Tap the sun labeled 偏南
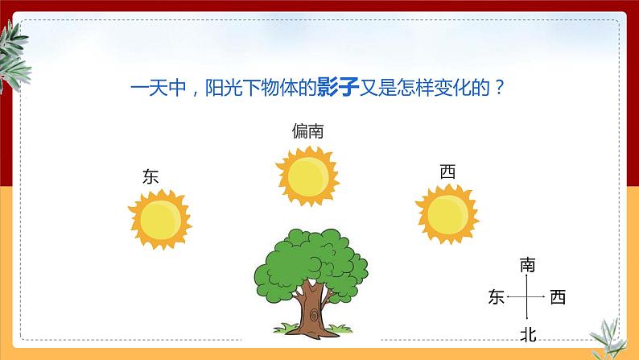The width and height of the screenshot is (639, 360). tap(306, 175)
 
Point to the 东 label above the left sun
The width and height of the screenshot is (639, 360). tap(150, 176)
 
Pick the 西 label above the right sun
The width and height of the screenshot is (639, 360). tap(447, 172)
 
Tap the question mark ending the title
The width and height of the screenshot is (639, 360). tap(500, 86)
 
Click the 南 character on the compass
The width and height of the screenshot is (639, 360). tap(528, 264)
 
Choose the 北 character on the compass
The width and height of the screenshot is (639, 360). tap(528, 333)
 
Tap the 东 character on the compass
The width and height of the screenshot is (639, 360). tap(496, 298)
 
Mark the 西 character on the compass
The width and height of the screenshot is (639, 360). tap(558, 298)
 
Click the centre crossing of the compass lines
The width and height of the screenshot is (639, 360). tap(526, 298)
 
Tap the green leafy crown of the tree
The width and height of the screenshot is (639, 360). tap(311, 263)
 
